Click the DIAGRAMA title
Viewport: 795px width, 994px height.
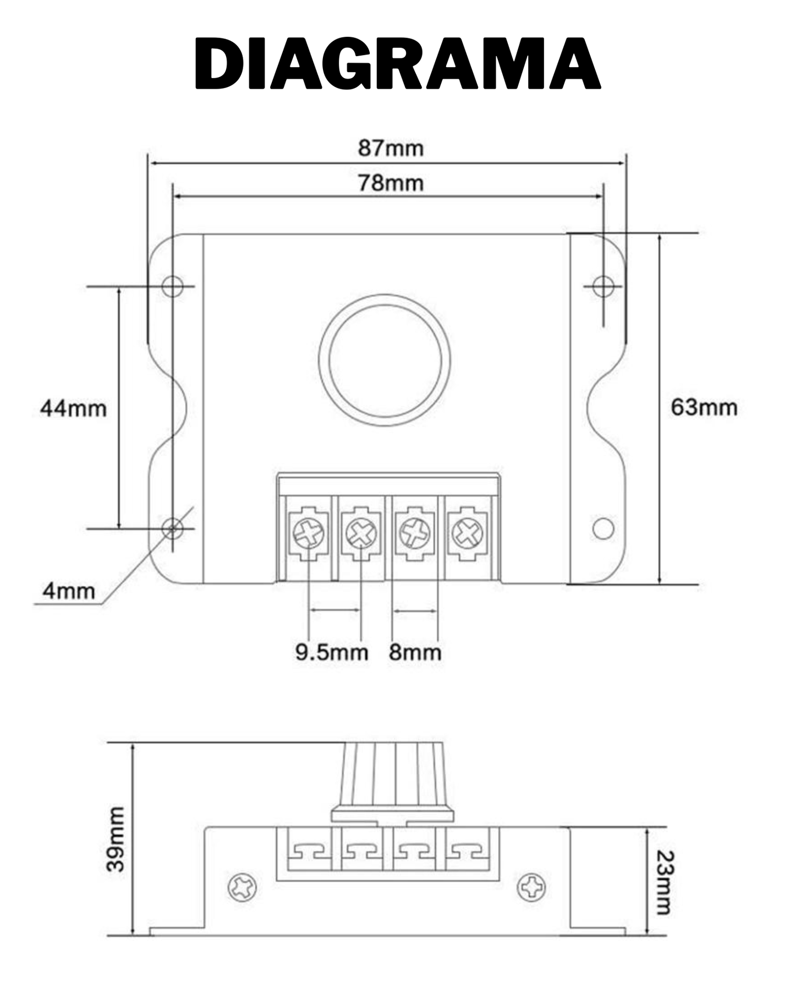pyautogui.click(x=397, y=63)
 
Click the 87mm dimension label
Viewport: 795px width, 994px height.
pyautogui.click(x=391, y=149)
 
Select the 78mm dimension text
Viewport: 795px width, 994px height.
pyautogui.click(x=391, y=183)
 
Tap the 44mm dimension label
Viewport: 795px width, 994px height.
pyautogui.click(x=73, y=408)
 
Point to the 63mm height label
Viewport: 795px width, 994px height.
pyautogui.click(x=704, y=407)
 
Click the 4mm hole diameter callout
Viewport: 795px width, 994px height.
pyautogui.click(x=69, y=592)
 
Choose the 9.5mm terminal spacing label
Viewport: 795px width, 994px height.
pyautogui.click(x=331, y=652)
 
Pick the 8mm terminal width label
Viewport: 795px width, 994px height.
pyautogui.click(x=415, y=652)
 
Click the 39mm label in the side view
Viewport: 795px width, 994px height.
pyautogui.click(x=116, y=839)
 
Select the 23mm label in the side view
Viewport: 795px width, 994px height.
pyautogui.click(x=665, y=882)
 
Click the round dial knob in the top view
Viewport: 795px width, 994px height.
pyautogui.click(x=385, y=360)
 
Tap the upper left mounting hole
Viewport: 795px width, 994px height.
pyautogui.click(x=173, y=286)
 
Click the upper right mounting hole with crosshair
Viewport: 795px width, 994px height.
pyautogui.click(x=603, y=286)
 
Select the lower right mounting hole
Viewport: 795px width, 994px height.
pyautogui.click(x=603, y=528)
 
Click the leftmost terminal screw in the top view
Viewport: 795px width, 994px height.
pyautogui.click(x=309, y=533)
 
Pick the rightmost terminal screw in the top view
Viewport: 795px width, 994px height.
pyautogui.click(x=467, y=533)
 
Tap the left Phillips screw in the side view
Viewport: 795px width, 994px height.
pyautogui.click(x=243, y=887)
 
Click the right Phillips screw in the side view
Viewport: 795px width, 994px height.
pyautogui.click(x=532, y=887)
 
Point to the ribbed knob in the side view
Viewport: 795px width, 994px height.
pyautogui.click(x=392, y=782)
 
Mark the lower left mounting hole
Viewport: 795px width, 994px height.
pyautogui.click(x=173, y=528)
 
